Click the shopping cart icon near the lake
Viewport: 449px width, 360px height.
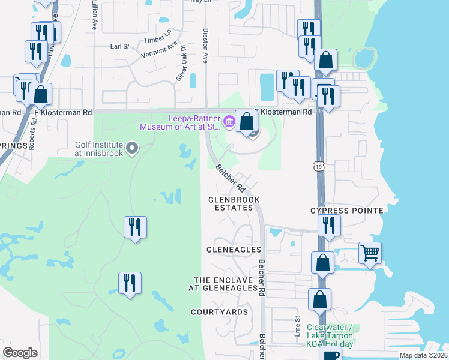click(x=370, y=253)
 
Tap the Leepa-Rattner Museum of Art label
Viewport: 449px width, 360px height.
click(x=180, y=122)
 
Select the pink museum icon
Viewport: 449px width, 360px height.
click(x=228, y=122)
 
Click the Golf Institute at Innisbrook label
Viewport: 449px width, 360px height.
click(x=99, y=149)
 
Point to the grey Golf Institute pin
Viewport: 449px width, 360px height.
click(x=133, y=147)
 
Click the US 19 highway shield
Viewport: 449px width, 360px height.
click(x=319, y=164)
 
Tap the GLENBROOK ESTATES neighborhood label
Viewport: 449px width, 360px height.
click(x=231, y=203)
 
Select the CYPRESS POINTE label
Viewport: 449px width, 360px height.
click(x=346, y=211)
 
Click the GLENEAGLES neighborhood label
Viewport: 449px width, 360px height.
click(x=234, y=249)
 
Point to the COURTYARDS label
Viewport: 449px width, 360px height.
click(x=219, y=312)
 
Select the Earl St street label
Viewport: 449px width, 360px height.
click(x=120, y=46)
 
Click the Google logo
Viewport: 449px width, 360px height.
click(x=20, y=352)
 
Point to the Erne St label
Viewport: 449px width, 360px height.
click(x=297, y=328)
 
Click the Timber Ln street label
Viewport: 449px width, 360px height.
click(x=158, y=35)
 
